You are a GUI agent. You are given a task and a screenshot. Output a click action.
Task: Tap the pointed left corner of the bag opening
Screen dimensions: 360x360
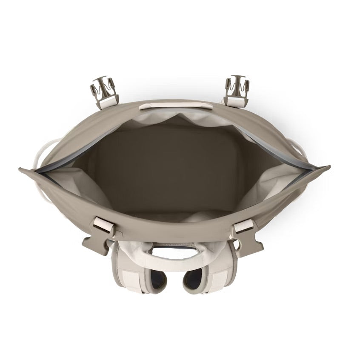[x=21, y=169]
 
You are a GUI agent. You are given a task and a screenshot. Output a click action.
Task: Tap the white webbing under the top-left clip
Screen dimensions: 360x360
[x=110, y=100]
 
